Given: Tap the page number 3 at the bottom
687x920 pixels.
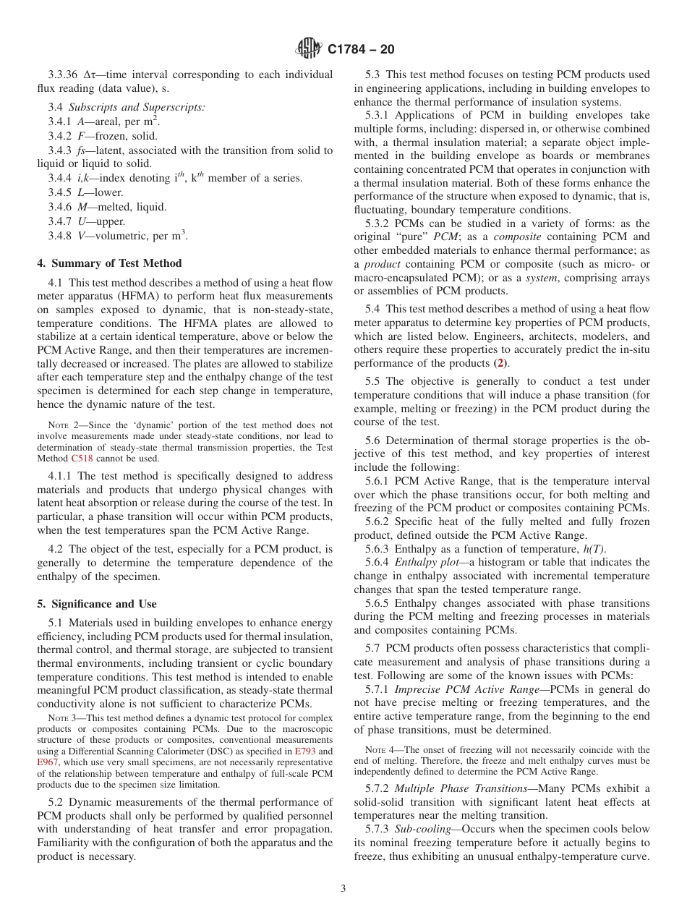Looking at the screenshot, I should [343, 888].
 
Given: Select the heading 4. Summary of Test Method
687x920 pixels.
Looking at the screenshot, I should [109, 263].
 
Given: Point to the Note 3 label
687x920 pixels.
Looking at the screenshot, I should [63, 717].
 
